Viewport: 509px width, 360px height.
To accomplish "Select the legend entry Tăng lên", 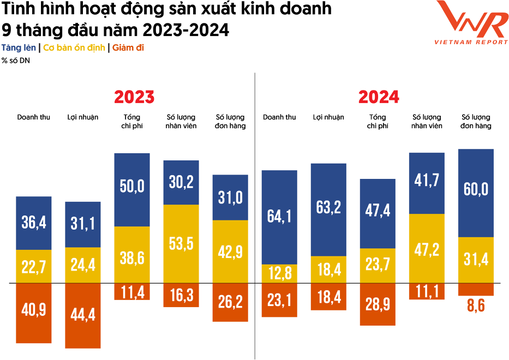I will pos(19,48).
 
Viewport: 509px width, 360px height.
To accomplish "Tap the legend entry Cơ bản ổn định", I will pos(74,48).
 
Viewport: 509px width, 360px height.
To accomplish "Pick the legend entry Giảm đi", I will pos(128,48).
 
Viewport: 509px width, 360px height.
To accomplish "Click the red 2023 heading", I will pos(134,97).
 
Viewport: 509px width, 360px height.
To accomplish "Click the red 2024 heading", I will pos(379,97).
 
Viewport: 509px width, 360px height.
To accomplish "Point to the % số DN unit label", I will pos(16,61).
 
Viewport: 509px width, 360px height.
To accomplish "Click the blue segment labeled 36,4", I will pos(34,223).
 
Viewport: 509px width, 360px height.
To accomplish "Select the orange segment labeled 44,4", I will pos(82,315).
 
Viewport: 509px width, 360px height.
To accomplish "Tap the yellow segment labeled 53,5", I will pos(181,244).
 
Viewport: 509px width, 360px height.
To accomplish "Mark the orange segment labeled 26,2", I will pos(230,302).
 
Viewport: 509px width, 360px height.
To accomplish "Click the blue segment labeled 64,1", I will pos(279,217).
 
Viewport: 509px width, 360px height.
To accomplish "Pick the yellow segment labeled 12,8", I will pos(279,274).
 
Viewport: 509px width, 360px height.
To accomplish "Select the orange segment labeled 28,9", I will pos(378,304).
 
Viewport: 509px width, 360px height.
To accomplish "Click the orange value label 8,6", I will pos(475,305).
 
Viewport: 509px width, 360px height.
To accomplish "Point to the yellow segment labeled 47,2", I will pos(427,248).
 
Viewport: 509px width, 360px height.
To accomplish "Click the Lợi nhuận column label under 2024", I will pos(328,117).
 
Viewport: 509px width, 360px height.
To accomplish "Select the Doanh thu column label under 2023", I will pos(34,117).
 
